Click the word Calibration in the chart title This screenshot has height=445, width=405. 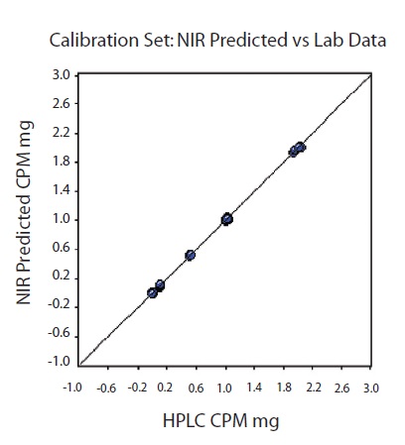coord(95,41)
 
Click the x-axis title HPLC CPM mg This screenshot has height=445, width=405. coord(220,420)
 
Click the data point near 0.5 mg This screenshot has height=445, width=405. coord(191,256)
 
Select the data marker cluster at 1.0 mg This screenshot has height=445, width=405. coord(226,219)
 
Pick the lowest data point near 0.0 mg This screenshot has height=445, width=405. coord(153,292)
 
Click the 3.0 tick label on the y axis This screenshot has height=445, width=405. coord(61,74)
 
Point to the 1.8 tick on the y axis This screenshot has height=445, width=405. coord(61,162)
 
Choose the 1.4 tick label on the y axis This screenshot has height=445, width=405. coord(61,190)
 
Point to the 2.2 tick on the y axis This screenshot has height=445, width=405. coord(61,133)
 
